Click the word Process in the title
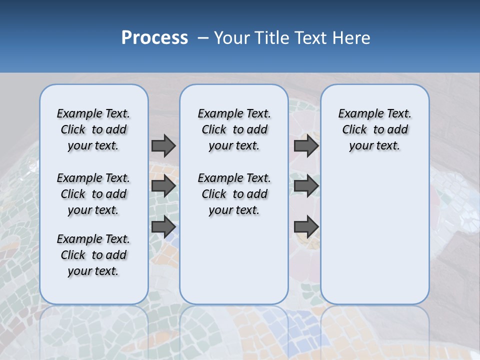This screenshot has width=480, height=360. (x=154, y=37)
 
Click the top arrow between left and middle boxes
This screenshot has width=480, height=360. (x=163, y=145)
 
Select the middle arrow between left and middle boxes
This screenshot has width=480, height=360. (x=163, y=186)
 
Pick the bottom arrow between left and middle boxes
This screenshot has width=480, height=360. (x=163, y=226)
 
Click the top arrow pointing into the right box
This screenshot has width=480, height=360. (x=306, y=145)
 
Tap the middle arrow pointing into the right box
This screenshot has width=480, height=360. (x=306, y=186)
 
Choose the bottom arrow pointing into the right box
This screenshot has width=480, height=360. (x=306, y=226)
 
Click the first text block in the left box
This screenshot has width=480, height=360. (x=93, y=129)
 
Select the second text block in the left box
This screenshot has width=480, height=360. (x=93, y=194)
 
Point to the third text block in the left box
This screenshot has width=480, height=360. (x=93, y=255)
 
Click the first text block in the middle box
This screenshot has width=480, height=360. (x=234, y=129)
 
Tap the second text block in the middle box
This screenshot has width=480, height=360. (x=234, y=194)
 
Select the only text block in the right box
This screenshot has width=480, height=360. (x=374, y=129)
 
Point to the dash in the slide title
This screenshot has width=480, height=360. (x=203, y=38)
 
